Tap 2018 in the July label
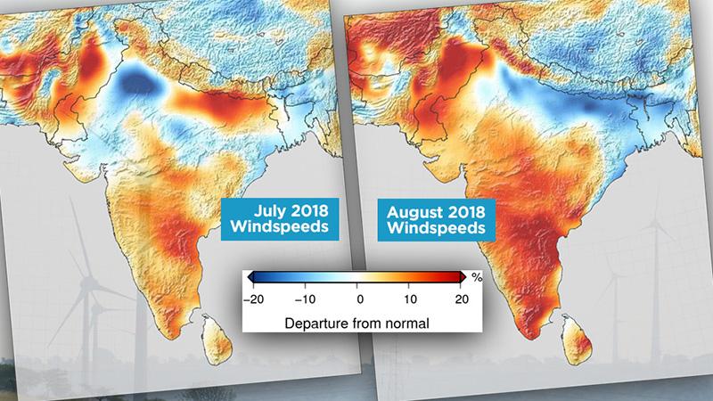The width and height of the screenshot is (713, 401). [x=303, y=213]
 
